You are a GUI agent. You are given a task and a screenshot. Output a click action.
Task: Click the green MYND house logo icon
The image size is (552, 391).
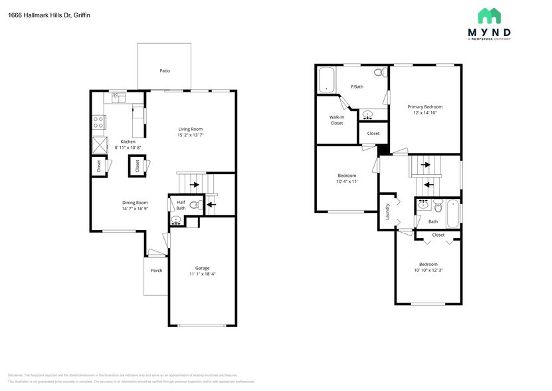tap(490, 16)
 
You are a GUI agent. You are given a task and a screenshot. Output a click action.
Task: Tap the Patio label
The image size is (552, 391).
tap(164, 70)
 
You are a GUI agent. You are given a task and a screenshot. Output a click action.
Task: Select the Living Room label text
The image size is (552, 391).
tap(190, 129)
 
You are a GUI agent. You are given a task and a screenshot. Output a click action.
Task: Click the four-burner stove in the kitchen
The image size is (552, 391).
tap(98, 122)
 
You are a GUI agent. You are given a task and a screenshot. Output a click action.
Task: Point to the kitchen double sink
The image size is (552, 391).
tap(119, 98)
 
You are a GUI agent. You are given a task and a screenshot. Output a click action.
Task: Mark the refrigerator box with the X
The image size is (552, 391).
tap(99, 144)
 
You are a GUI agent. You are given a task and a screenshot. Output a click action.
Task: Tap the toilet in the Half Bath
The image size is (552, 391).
tap(195, 205)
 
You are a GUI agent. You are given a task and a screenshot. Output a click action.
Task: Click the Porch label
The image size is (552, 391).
tap(157, 270)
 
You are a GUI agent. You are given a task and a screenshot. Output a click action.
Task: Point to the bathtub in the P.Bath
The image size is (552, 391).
tap(326, 80)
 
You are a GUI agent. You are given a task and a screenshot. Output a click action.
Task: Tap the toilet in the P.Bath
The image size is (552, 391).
tap(379, 72)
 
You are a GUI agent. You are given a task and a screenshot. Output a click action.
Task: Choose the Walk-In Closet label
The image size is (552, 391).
tap(337, 120)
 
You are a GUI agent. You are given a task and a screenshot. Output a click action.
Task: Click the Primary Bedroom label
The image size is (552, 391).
tap(424, 106)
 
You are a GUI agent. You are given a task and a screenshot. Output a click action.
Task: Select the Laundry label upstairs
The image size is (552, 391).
tap(387, 212)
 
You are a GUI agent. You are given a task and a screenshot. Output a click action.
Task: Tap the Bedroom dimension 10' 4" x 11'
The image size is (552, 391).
tap(347, 182)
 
